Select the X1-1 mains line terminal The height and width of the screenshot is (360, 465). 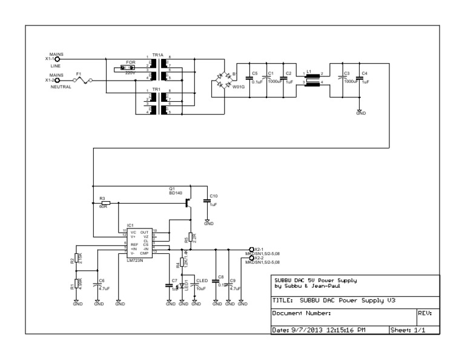[58, 59]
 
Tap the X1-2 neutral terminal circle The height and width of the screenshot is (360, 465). [58, 80]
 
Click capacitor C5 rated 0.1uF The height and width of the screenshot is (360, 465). [248, 80]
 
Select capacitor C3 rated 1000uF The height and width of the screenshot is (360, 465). [341, 81]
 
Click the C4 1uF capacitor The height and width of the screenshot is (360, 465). [360, 81]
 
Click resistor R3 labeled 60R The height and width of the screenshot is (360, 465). [105, 202]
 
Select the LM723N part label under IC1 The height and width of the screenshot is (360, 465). [136, 260]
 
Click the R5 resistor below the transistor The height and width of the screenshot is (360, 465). [190, 237]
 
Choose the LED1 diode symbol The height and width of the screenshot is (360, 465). [183, 283]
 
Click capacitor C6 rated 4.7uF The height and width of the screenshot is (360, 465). [96, 283]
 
